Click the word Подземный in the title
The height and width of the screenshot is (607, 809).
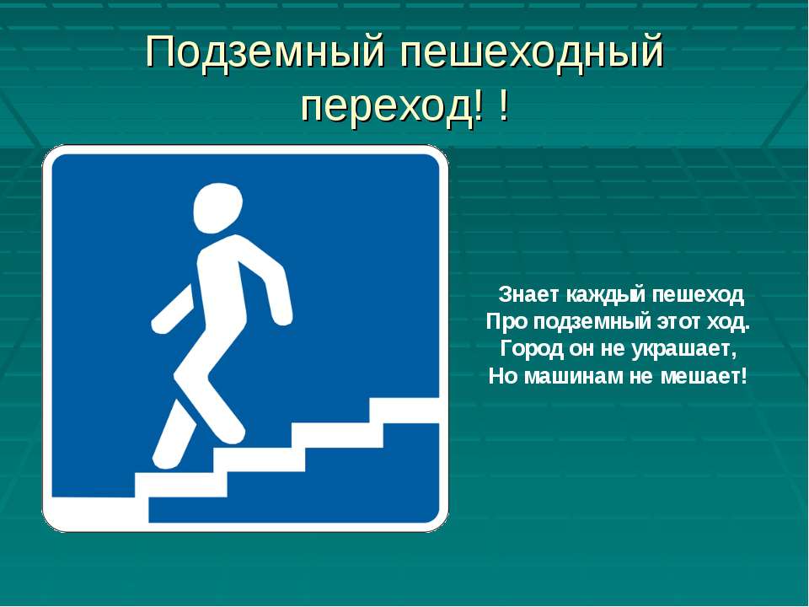coord(265,51)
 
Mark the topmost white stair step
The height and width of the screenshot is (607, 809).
coord(404,411)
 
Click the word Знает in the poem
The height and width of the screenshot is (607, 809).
coord(529,295)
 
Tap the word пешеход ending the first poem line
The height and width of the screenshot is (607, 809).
coord(698,295)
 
